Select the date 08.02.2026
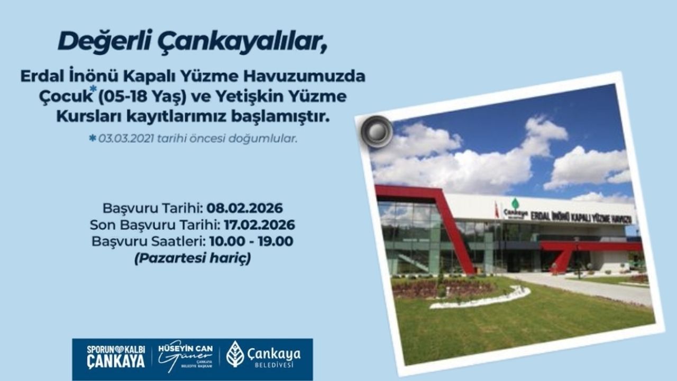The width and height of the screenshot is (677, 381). (x=244, y=207)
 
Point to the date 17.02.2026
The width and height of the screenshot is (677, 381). (x=259, y=224)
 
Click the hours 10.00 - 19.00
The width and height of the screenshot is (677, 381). (x=251, y=241)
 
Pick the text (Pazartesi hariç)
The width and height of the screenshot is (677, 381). (x=192, y=259)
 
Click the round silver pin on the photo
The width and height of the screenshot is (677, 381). (x=377, y=131)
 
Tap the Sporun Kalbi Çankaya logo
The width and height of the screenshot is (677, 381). (x=116, y=356)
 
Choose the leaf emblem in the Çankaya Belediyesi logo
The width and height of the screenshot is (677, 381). (x=235, y=353)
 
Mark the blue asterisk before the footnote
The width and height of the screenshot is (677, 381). (x=93, y=138)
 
